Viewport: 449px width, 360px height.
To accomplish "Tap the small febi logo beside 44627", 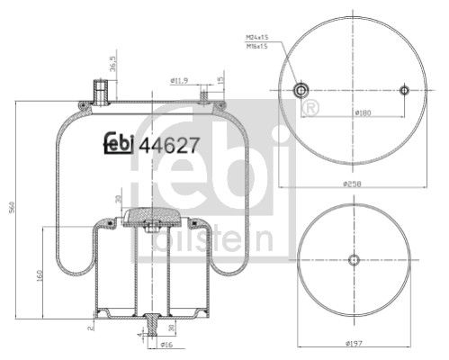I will click(113, 141).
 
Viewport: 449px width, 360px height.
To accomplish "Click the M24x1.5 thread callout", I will click(257, 36).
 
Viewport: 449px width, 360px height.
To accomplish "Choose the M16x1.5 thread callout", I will click(257, 45).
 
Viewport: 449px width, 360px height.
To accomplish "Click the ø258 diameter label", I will click(354, 184).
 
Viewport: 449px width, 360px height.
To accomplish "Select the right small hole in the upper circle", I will click(405, 90).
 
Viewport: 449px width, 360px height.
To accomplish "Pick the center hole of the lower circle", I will click(354, 260).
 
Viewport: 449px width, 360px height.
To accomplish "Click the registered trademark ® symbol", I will click(311, 109).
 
